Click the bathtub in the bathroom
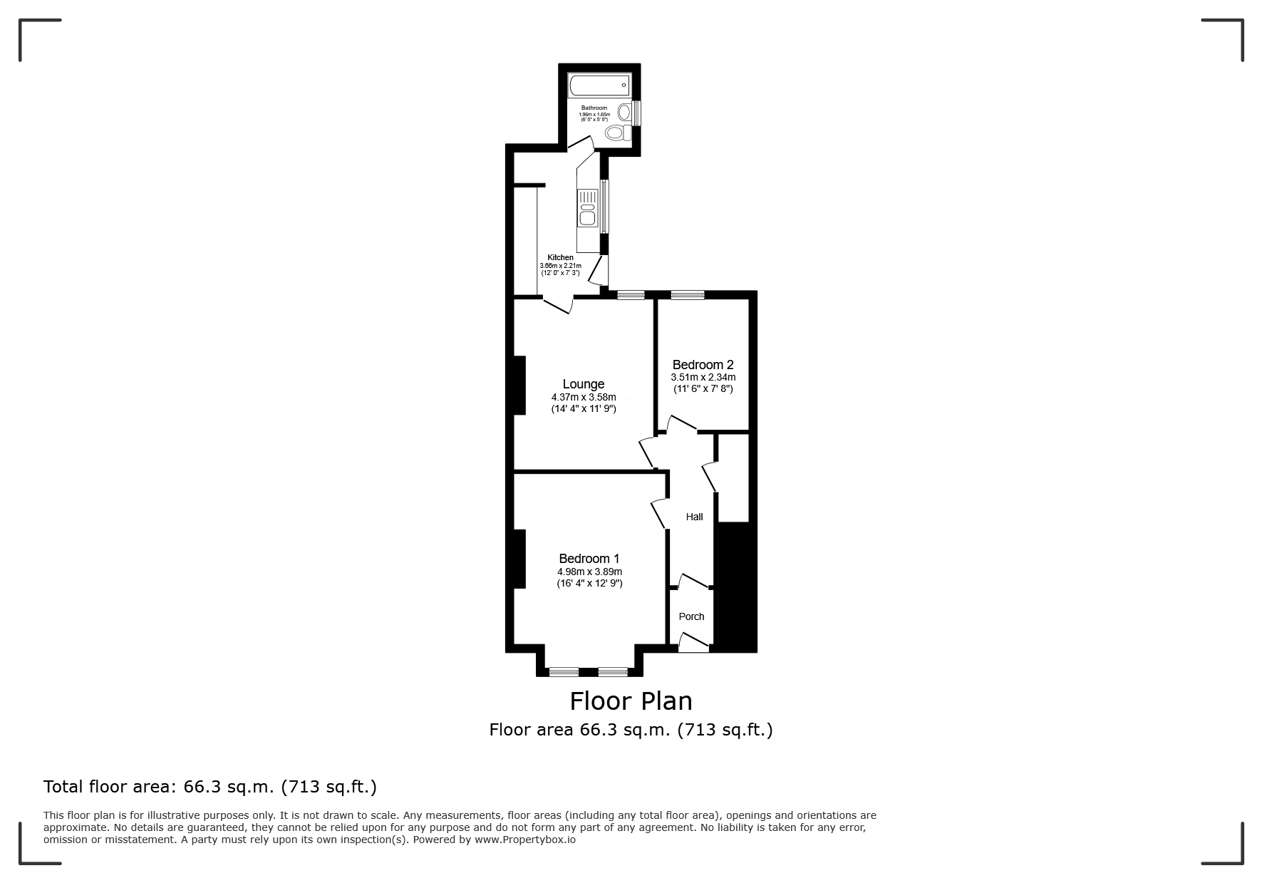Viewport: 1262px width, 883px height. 599,86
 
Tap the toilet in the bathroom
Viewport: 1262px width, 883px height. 616,133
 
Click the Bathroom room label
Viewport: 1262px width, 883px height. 594,108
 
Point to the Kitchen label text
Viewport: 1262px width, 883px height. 560,257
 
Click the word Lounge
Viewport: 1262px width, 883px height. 583,384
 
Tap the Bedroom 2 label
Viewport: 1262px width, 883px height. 703,365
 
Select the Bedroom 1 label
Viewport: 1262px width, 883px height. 589,559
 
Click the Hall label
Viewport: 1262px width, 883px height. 694,517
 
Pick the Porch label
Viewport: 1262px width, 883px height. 691,616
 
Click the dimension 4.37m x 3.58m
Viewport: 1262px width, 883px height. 583,397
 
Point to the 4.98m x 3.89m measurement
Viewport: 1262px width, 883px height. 589,572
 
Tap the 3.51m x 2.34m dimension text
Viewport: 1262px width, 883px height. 703,377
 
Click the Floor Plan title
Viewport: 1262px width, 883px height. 631,701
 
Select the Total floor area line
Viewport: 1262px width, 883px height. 210,787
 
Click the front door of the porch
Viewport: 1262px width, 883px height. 693,644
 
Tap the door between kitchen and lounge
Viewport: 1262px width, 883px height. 559,306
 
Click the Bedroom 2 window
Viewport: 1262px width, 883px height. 687,295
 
